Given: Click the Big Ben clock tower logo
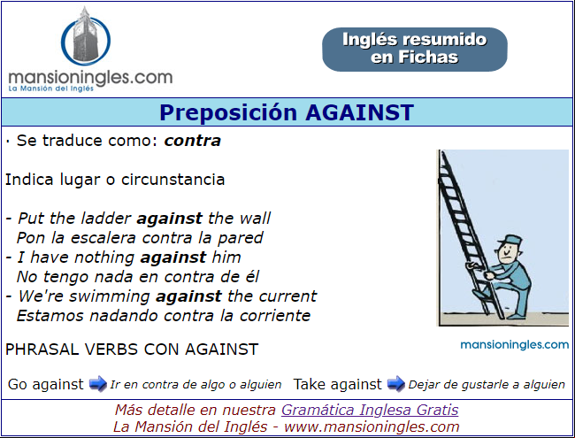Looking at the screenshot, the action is (86, 36).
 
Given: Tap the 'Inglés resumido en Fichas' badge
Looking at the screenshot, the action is (415, 50).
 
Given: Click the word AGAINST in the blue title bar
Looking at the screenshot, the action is (360, 112).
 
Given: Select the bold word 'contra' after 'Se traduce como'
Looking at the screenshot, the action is (193, 141).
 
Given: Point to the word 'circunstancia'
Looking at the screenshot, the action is (172, 180).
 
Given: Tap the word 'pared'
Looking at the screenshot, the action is (241, 238).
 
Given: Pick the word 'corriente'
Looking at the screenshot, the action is (275, 316).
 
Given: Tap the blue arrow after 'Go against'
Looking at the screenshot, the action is (97, 384).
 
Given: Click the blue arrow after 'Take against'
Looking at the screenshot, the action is (396, 384).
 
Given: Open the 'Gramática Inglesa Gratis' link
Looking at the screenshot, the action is (370, 410).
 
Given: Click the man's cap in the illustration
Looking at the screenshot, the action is (510, 241).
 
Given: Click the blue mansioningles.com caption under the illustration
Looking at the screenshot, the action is (515, 345).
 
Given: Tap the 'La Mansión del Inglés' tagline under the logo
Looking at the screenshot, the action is (51, 88).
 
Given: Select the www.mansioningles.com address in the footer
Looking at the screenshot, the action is (372, 427).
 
